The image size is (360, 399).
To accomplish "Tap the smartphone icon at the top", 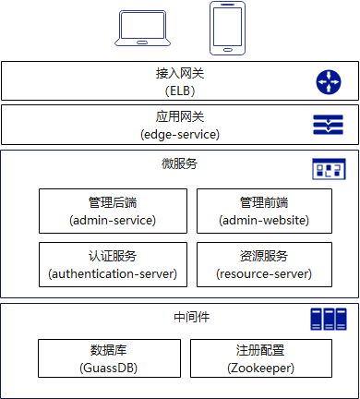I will coord(226,27).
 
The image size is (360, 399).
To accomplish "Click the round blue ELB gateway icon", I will coord(328,81).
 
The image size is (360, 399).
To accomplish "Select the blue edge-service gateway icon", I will coord(328,124).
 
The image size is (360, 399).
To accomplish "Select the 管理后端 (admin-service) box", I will coord(113,211).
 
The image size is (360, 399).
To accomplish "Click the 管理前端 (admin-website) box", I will coord(263,211).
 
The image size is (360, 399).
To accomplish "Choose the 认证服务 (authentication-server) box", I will coord(113,264).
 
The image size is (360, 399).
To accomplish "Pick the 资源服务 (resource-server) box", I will coord(263,264).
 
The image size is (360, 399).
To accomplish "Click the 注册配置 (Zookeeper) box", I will coord(259,358).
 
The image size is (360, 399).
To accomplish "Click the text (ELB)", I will coord(179,91).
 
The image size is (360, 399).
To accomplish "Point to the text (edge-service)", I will coord(179,134).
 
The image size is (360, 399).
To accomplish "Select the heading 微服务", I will coord(179,164).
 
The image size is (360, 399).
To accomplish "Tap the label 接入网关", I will coord(179,74).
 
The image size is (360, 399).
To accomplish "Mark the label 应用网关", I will coord(179,117).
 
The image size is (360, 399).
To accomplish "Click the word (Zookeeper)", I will coord(259,367).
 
